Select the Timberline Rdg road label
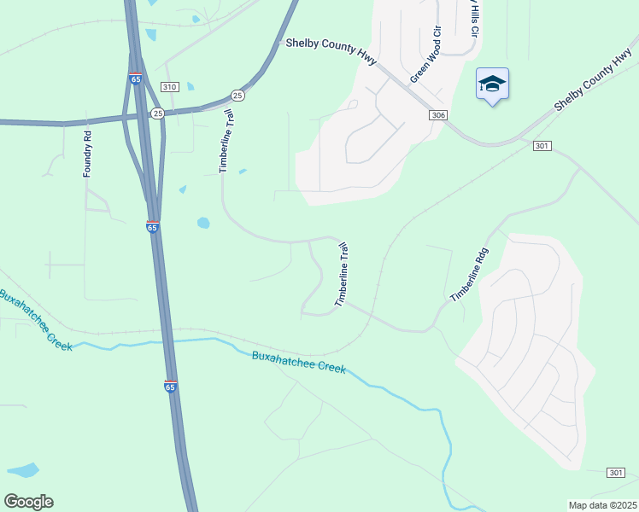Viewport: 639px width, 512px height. pos(468,275)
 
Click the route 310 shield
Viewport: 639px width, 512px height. pos(169,87)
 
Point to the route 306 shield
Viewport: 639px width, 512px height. pos(438,115)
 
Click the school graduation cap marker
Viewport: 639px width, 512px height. pos(492,84)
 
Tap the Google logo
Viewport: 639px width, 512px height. pos(28,502)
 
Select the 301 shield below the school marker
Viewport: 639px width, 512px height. pos(542,147)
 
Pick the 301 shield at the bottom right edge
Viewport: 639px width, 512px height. pos(616,473)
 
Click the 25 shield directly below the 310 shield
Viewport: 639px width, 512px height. pos(157,113)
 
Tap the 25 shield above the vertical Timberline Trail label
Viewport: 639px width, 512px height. pos(237,95)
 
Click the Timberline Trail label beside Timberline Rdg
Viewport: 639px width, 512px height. pos(342,275)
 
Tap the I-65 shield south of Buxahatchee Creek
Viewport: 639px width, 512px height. pos(171,386)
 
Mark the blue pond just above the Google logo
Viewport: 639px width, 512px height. pos(23,470)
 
